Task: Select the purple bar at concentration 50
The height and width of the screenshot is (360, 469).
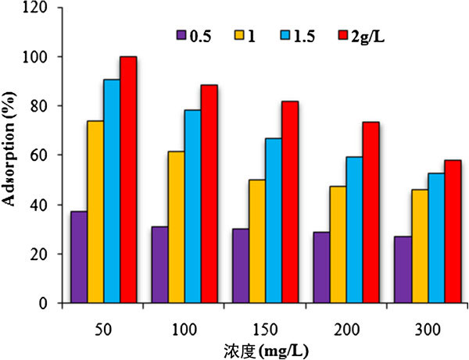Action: (78, 257)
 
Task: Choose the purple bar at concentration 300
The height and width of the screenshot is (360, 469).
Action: (403, 269)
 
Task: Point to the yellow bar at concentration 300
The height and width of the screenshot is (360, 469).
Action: (420, 246)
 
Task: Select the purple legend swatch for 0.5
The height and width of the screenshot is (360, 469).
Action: (179, 35)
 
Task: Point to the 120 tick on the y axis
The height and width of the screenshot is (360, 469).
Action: (41, 8)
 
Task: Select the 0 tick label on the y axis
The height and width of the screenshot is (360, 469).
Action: (48, 303)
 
